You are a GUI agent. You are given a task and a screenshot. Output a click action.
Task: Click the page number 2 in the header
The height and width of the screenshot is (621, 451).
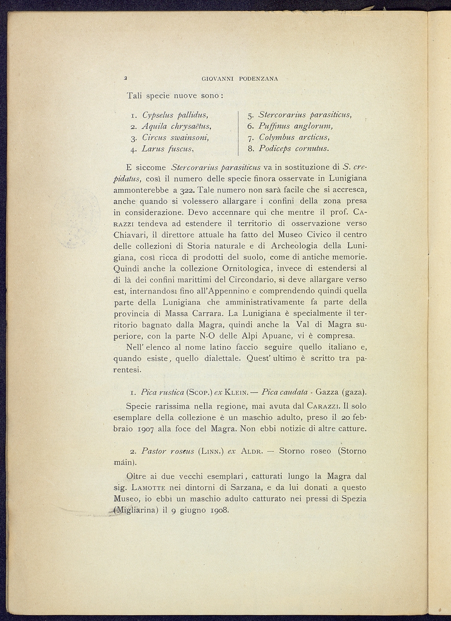124,78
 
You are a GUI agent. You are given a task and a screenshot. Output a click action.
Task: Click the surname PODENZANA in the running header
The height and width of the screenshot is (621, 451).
259,79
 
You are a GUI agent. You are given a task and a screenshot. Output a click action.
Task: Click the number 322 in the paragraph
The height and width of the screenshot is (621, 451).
188,190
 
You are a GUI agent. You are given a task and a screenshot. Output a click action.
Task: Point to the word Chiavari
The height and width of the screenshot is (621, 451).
129,235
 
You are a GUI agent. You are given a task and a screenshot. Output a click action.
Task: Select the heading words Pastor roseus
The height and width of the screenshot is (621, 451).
167,451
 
